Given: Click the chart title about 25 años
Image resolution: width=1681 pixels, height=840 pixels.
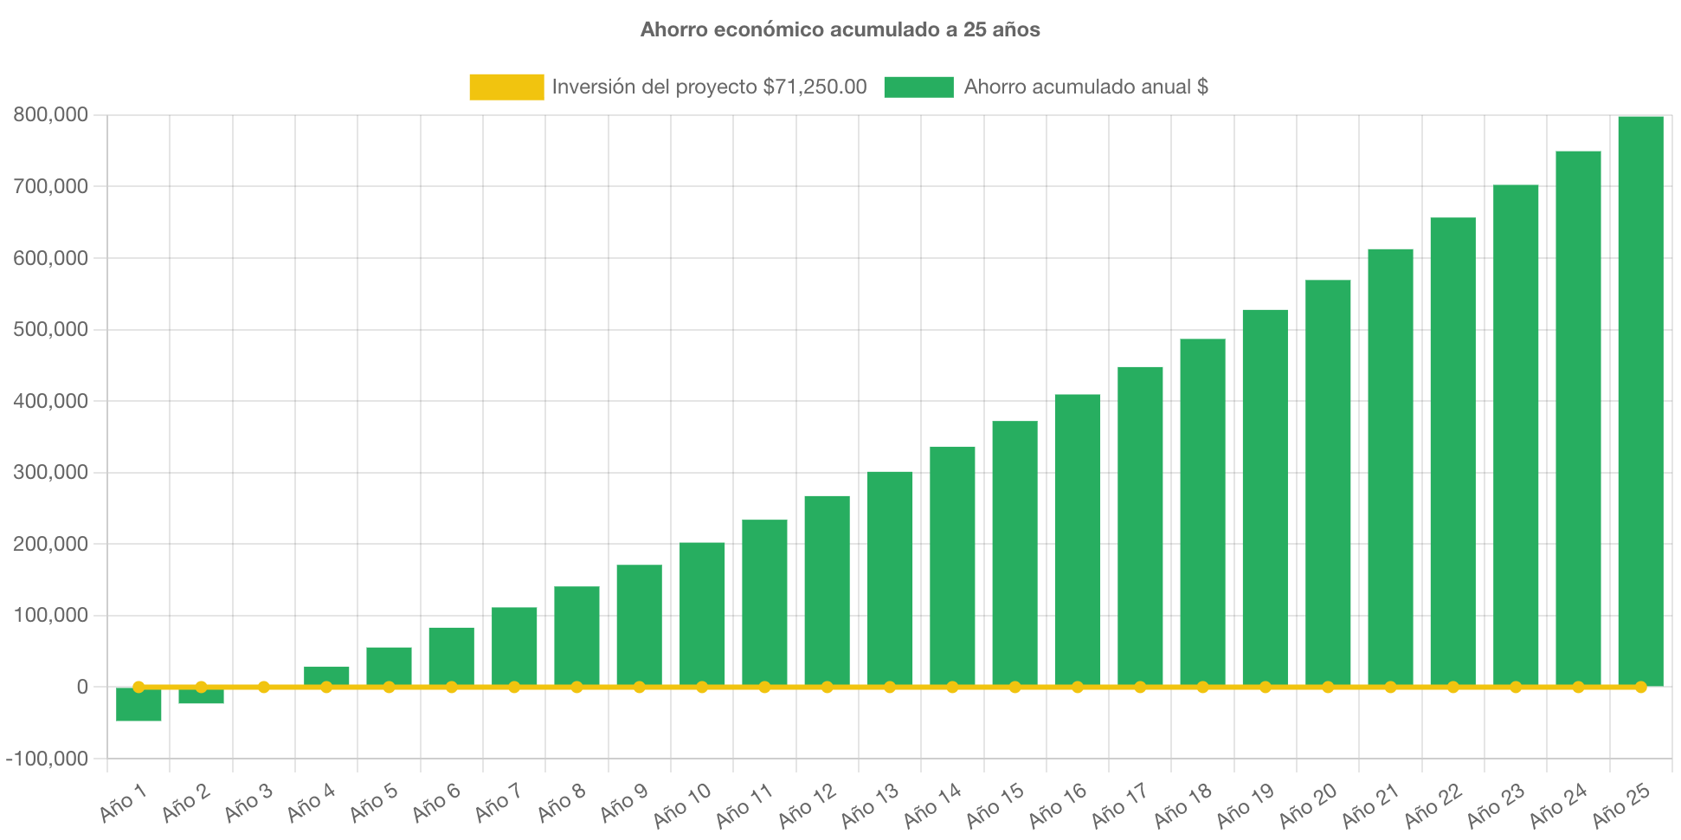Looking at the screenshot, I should [x=840, y=29].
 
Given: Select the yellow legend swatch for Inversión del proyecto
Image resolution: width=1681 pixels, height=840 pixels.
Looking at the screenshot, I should [x=506, y=87].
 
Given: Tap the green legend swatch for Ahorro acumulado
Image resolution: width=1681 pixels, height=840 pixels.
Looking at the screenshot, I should [x=918, y=87].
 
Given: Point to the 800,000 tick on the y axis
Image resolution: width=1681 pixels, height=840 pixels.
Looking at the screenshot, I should [x=51, y=114].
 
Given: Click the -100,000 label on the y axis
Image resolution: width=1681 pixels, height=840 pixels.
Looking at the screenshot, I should [x=48, y=759].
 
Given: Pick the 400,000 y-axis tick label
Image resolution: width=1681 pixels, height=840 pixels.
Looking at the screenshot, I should [x=51, y=401].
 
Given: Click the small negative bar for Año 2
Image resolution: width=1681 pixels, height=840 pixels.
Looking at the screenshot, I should [x=201, y=697].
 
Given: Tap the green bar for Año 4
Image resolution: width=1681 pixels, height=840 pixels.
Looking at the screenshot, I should [x=326, y=675].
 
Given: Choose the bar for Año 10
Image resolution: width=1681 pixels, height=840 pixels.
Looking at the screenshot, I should [x=702, y=613].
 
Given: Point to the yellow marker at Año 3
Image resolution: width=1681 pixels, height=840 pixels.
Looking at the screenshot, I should [x=264, y=687].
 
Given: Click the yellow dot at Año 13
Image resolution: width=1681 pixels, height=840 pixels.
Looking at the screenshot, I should [x=890, y=687].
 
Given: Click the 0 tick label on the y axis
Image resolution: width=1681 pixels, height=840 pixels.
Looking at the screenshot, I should [x=82, y=687].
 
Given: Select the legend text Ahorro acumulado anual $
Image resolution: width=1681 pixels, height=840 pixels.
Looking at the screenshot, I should [x=1085, y=87].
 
